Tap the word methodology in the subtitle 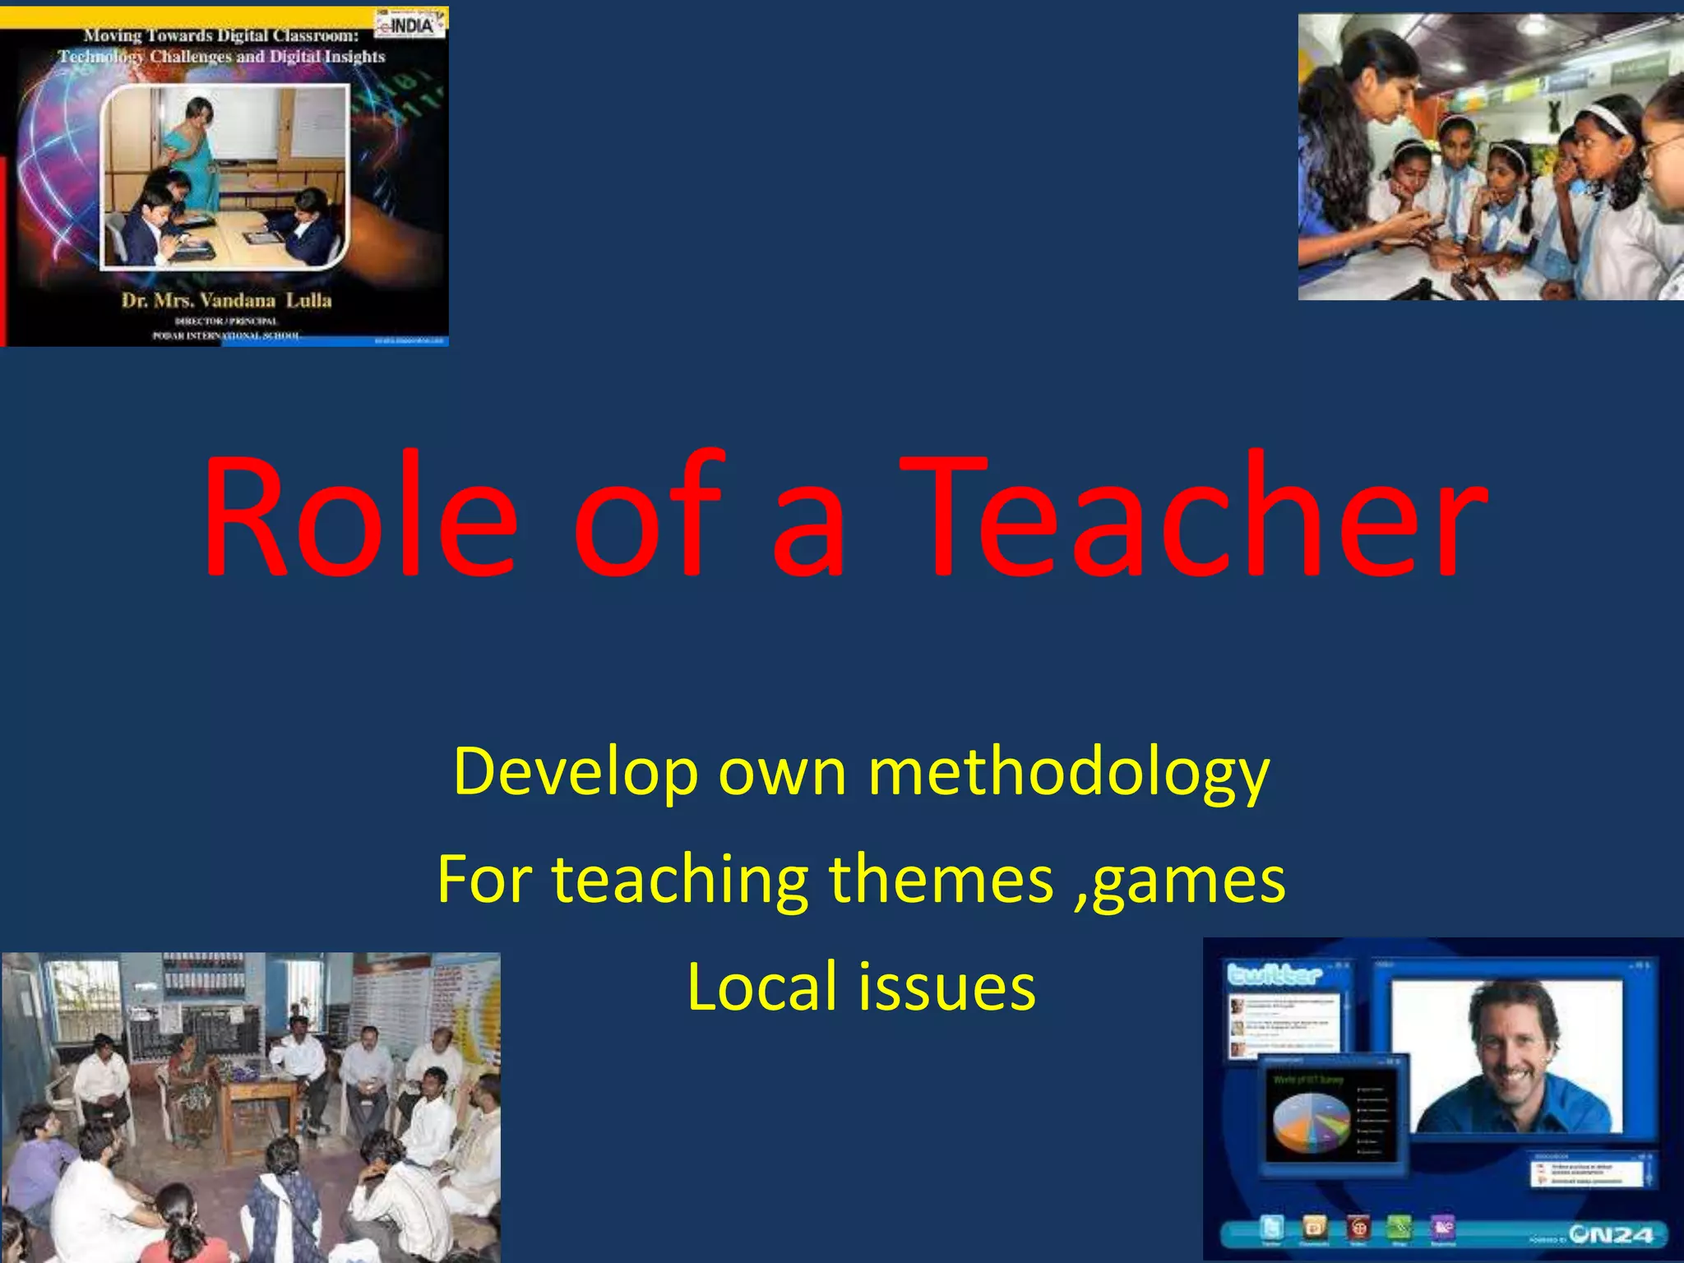click(x=1069, y=773)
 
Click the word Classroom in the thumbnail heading click(x=316, y=35)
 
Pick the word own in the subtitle click(x=782, y=773)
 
